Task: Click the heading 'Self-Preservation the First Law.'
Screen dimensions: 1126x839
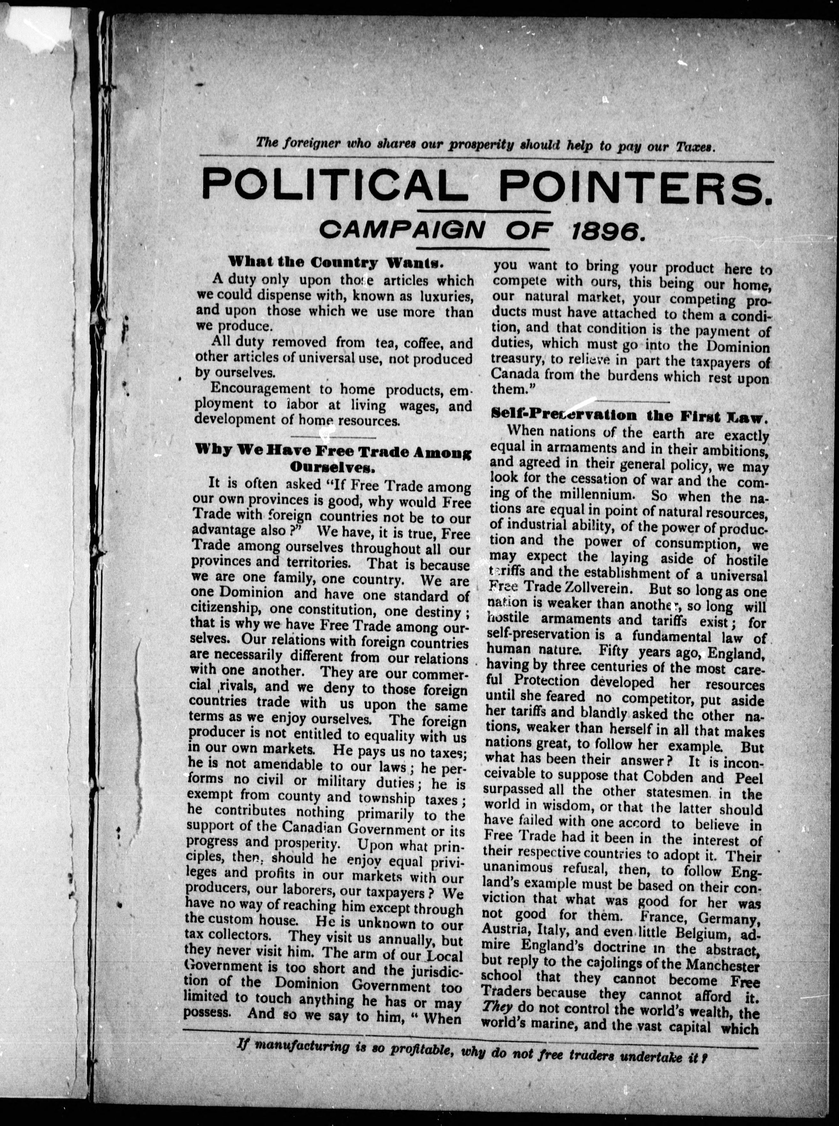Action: pyautogui.click(x=630, y=415)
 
